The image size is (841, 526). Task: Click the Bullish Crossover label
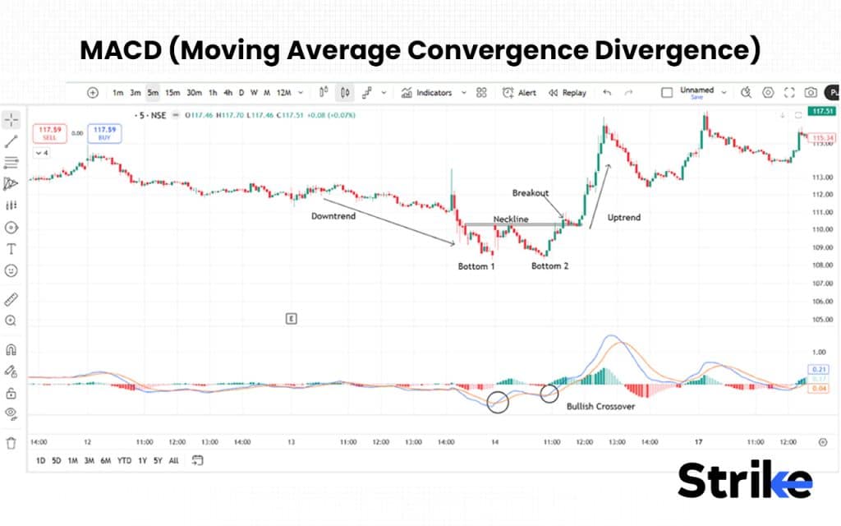click(600, 406)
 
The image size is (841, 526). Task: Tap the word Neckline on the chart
click(511, 219)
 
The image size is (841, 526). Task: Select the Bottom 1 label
click(476, 266)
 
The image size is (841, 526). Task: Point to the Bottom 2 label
click(549, 266)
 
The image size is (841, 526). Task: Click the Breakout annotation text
click(530, 193)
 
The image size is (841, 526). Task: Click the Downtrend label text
click(333, 216)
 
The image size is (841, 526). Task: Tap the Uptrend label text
click(623, 218)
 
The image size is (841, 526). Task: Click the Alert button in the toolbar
click(520, 93)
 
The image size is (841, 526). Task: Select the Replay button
click(568, 93)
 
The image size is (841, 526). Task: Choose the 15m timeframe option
click(172, 93)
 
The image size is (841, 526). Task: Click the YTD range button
click(124, 461)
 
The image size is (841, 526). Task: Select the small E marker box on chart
click(291, 317)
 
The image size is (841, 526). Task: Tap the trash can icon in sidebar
click(11, 443)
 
